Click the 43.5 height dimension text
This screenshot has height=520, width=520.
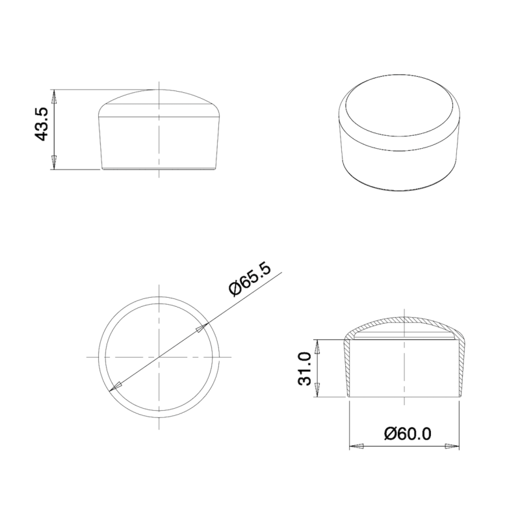[41, 123]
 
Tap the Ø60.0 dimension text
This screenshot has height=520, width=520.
[408, 433]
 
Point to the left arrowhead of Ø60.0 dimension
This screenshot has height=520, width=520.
[356, 447]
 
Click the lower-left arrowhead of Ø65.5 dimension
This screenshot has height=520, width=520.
[118, 387]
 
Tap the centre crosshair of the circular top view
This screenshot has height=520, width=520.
[159, 357]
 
